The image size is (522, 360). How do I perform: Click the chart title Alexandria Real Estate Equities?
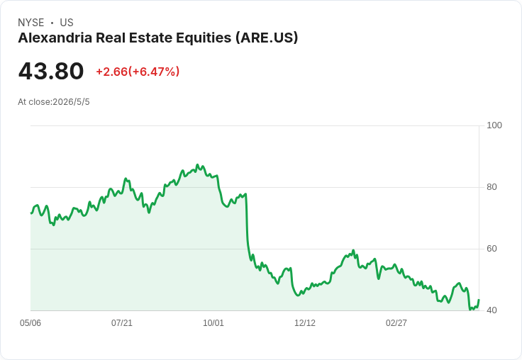125,38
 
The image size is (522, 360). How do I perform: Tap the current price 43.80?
51,71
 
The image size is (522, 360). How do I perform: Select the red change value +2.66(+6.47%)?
138,72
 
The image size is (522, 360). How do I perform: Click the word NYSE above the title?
31,23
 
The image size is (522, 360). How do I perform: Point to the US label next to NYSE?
67,23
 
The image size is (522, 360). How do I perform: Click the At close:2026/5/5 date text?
54,102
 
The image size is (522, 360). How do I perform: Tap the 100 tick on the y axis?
494,125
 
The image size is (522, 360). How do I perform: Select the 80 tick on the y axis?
492,187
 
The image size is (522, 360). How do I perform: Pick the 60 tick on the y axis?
492,249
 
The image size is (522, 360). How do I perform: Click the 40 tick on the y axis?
492,310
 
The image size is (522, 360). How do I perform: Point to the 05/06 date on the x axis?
30,323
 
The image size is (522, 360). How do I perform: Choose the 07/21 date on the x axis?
122,323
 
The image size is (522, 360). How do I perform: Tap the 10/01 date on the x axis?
213,323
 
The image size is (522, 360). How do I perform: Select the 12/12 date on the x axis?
305,323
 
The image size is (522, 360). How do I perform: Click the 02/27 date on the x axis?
396,323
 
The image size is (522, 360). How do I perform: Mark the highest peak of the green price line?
197,164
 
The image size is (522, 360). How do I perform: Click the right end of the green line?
479,300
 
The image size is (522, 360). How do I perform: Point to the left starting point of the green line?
31,213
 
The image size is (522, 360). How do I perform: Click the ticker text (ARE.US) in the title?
267,38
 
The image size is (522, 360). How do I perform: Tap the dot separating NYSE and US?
52,23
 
